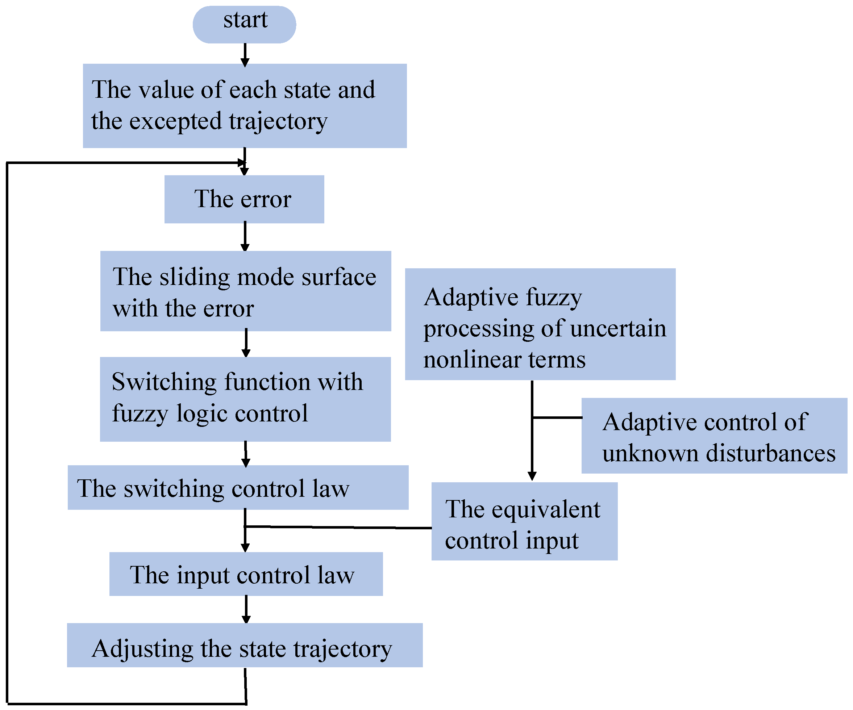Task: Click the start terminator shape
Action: click(244, 24)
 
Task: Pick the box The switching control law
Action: click(238, 488)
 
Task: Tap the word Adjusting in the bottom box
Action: click(142, 649)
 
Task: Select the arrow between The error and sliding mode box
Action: click(245, 236)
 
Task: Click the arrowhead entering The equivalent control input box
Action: click(532, 476)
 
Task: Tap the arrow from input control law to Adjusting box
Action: click(246, 609)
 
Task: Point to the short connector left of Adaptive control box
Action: click(557, 417)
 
